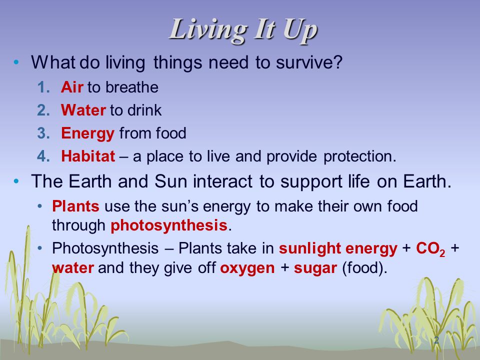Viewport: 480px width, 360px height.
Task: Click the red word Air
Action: [72, 87]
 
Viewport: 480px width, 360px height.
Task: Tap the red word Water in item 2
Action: [83, 110]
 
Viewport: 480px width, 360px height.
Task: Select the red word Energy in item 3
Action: [87, 134]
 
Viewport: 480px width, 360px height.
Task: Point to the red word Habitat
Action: [88, 156]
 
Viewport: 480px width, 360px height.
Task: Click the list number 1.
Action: [43, 87]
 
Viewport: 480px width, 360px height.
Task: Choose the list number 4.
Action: [43, 156]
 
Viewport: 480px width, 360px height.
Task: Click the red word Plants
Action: [75, 206]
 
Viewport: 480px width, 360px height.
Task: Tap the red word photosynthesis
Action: [169, 226]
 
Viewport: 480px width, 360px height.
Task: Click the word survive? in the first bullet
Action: [308, 62]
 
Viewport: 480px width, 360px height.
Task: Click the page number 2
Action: [436, 340]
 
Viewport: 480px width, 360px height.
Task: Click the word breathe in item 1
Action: [132, 87]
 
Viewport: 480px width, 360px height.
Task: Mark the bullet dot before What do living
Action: [16, 62]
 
